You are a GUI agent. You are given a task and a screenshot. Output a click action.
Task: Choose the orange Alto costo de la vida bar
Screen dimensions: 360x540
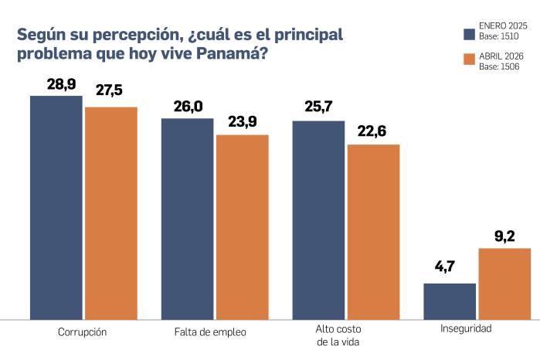tap(373, 231)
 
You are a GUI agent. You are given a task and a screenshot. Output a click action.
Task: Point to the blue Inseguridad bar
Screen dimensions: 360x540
tap(450, 301)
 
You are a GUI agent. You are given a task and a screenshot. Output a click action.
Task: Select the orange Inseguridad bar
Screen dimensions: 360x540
tap(504, 283)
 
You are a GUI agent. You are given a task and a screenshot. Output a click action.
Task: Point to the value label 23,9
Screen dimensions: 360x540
tap(242, 121)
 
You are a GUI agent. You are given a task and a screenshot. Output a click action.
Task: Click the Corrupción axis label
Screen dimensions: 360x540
tap(82, 332)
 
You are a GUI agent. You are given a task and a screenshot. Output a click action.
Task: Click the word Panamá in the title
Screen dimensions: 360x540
tap(229, 56)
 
